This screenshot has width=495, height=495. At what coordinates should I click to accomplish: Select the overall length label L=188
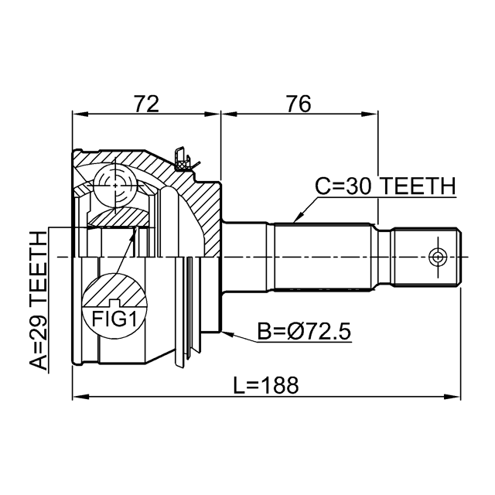click(x=266, y=385)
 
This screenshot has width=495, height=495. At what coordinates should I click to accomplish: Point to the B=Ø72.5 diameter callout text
click(x=304, y=331)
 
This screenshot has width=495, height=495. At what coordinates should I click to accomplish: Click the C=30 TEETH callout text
click(x=386, y=186)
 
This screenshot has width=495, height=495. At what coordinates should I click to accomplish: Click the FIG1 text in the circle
click(x=114, y=319)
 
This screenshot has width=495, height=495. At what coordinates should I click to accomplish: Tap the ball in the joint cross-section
click(x=115, y=186)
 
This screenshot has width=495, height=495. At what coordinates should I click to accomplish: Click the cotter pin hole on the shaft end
click(x=438, y=257)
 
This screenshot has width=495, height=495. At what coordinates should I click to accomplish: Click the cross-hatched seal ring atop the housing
click(x=183, y=165)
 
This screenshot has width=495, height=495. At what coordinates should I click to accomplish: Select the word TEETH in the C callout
click(x=418, y=186)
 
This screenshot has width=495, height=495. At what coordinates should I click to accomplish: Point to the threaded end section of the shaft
click(x=426, y=257)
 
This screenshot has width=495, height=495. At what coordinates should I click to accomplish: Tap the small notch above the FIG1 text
click(x=114, y=302)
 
